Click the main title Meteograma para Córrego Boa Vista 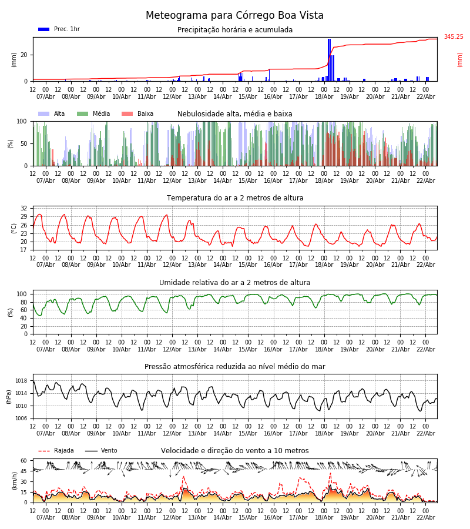pyautogui.click(x=234, y=16)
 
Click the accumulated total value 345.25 pyautogui.click(x=453, y=37)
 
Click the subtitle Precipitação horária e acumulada pyautogui.click(x=235, y=30)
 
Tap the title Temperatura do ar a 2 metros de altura pyautogui.click(x=235, y=198)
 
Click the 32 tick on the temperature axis pyautogui.click(x=23, y=209)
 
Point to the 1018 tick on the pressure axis pyautogui.click(x=20, y=381)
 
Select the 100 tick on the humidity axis pyautogui.click(x=22, y=294)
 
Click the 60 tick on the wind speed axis pyautogui.click(x=23, y=461)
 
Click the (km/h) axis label pyautogui.click(x=14, y=480)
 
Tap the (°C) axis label pyautogui.click(x=14, y=228)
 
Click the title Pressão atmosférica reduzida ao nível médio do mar pyautogui.click(x=235, y=367)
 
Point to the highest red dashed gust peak pyautogui.click(x=330, y=473)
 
